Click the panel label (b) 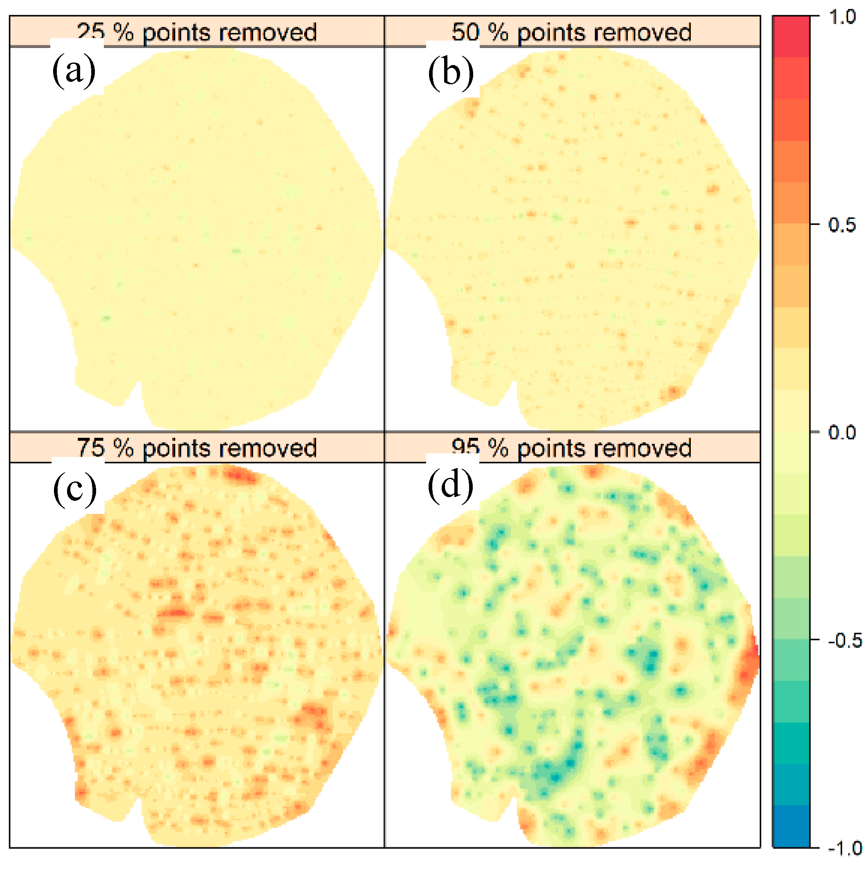pyautogui.click(x=450, y=72)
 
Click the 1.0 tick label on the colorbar pyautogui.click(x=842, y=17)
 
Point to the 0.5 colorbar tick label pyautogui.click(x=842, y=225)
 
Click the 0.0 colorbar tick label pyautogui.click(x=842, y=432)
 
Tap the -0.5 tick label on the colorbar pyautogui.click(x=845, y=641)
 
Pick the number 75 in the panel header pyautogui.click(x=90, y=448)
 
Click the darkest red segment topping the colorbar pyautogui.click(x=791, y=36)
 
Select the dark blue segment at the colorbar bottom pyautogui.click(x=791, y=827)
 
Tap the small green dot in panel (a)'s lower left pyautogui.click(x=106, y=318)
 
